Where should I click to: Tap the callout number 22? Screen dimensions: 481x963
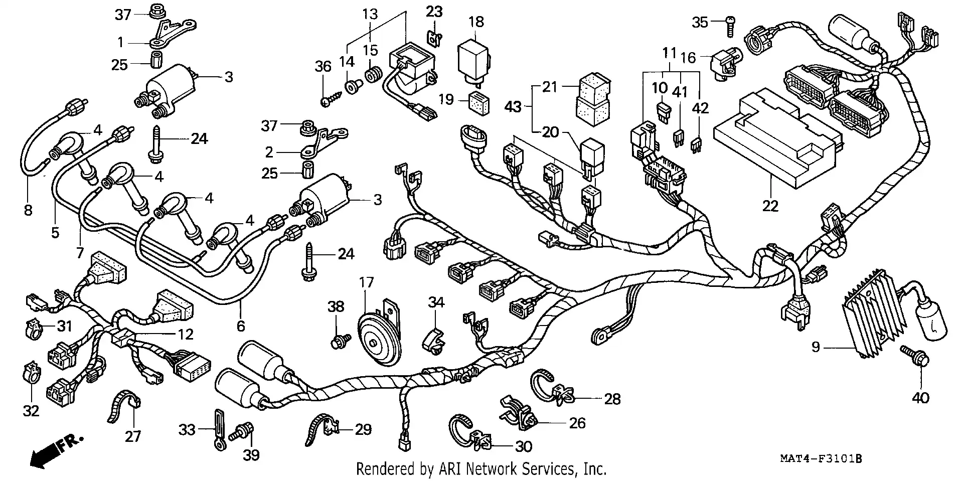(770, 205)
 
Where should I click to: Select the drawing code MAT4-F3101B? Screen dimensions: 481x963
(820, 458)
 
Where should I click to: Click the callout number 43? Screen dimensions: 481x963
(513, 106)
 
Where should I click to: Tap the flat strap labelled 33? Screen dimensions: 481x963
(219, 430)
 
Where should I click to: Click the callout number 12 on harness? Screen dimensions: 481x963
(186, 334)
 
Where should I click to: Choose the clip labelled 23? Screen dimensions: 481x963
(434, 37)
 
